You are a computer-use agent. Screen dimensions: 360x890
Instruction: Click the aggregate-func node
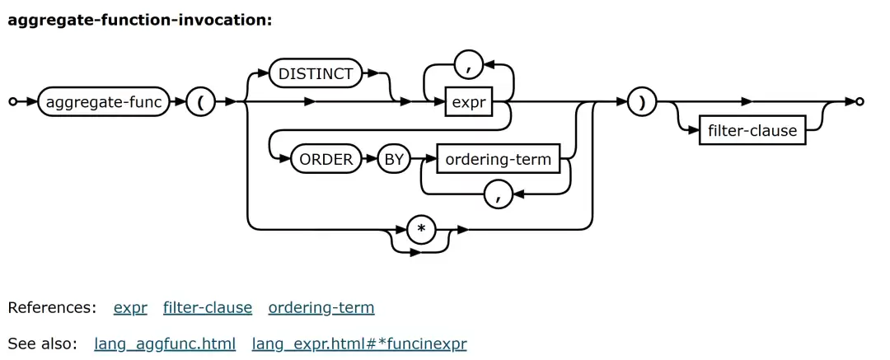tap(103, 102)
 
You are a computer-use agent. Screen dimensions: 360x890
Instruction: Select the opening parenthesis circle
tap(201, 102)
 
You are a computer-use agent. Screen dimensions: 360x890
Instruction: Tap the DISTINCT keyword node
tap(316, 73)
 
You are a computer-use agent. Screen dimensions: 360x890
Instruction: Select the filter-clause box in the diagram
tap(752, 130)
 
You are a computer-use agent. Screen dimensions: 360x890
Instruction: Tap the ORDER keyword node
tap(326, 159)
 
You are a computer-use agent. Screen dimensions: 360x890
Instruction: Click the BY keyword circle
tap(394, 159)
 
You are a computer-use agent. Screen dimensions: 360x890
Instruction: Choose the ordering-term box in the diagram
tap(498, 159)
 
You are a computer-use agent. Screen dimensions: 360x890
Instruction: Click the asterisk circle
tap(421, 229)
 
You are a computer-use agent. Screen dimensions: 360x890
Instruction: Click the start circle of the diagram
tap(12, 102)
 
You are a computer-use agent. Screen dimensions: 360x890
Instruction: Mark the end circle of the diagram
tap(860, 102)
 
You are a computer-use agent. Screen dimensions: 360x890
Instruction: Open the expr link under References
tap(130, 308)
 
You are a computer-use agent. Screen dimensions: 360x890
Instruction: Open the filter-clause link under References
tap(208, 308)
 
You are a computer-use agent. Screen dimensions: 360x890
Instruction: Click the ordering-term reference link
tap(321, 308)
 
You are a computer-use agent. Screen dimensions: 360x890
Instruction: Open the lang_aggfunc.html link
tap(165, 343)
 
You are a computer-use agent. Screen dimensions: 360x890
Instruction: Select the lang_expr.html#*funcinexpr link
tap(359, 343)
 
